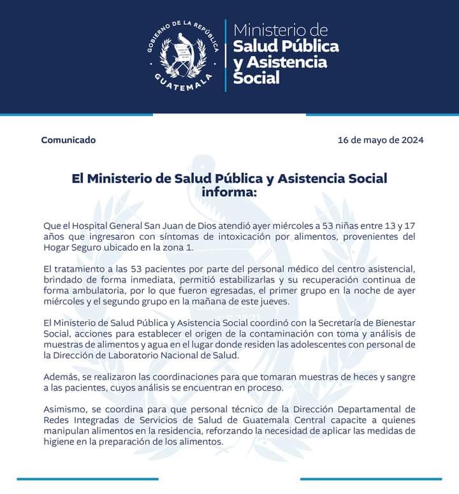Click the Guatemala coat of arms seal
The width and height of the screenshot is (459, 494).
(x=184, y=55)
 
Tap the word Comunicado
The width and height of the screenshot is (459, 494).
(x=68, y=140)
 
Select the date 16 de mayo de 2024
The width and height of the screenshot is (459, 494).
(x=381, y=140)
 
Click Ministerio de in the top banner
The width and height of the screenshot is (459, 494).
(x=280, y=31)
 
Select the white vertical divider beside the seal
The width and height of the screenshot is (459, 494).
(x=225, y=55)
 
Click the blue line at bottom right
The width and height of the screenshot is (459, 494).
(x=370, y=478)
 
